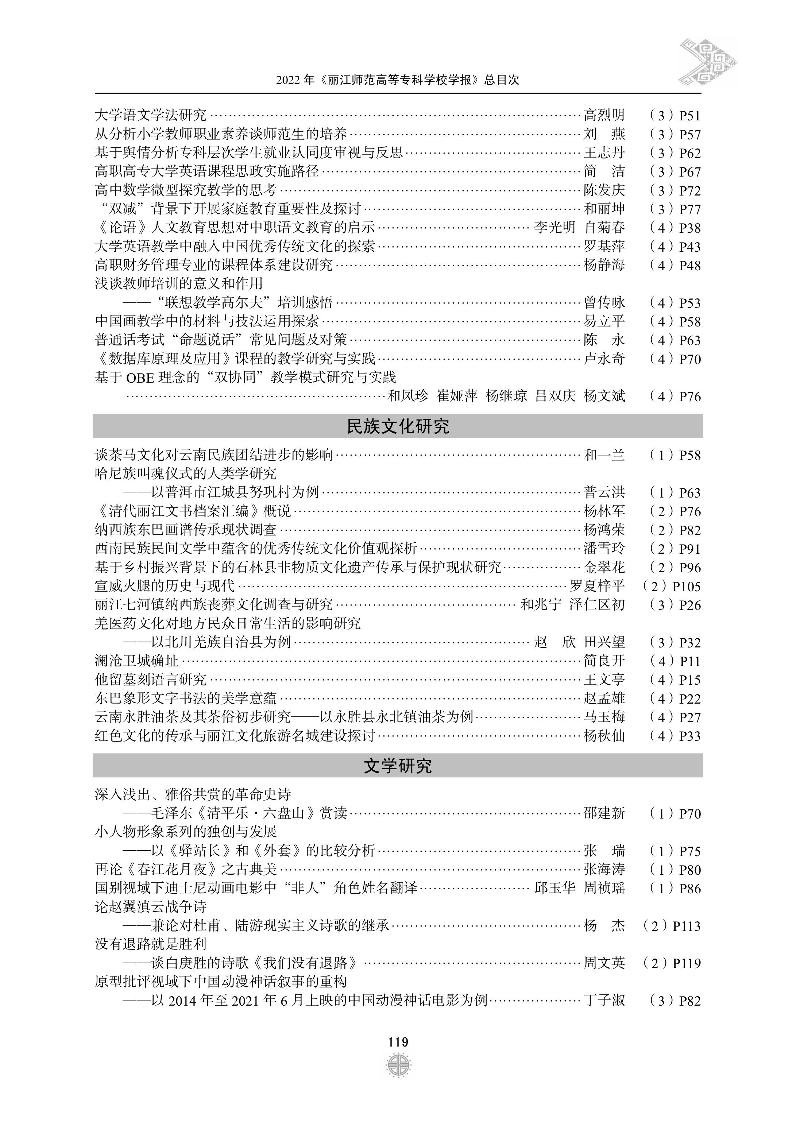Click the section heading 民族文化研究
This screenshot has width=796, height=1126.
[x=398, y=426]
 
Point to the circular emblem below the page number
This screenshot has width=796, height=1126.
[x=398, y=1065]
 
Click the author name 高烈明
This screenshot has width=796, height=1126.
[x=604, y=115]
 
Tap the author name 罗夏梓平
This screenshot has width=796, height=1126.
[x=597, y=586]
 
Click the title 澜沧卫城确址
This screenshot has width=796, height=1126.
[x=137, y=661]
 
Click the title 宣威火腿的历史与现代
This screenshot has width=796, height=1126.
[x=165, y=586]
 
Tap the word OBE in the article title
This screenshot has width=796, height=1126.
[x=140, y=378]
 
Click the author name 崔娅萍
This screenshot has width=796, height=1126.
[x=457, y=396]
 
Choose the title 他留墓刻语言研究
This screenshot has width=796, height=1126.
[x=151, y=680]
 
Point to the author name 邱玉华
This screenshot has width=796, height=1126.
[x=555, y=888]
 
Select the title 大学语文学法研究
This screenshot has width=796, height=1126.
[x=151, y=115]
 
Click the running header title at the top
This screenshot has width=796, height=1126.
[x=398, y=80]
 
